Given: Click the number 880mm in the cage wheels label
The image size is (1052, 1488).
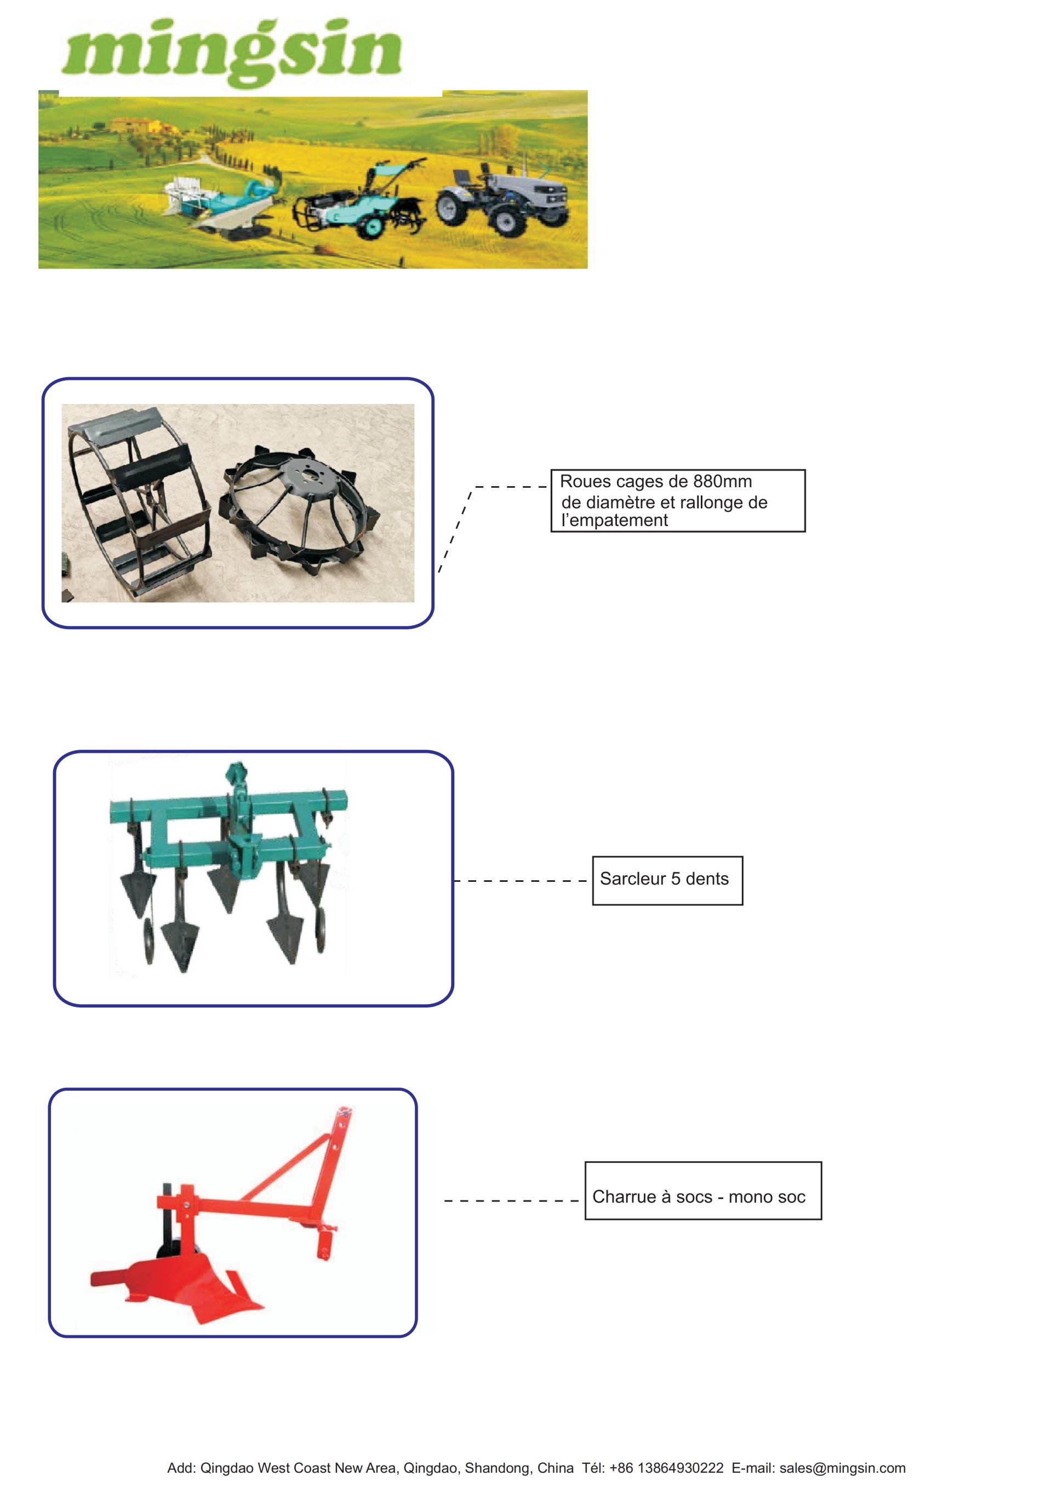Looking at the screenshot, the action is pyautogui.click(x=722, y=482).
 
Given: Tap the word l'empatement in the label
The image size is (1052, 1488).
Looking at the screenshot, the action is pyautogui.click(x=614, y=521).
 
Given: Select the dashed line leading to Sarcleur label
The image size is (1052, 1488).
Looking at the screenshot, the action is pyautogui.click(x=521, y=881).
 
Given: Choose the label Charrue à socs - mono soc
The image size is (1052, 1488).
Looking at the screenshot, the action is pyautogui.click(x=699, y=1196).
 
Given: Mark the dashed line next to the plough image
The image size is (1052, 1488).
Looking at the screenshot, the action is pyautogui.click(x=511, y=1201).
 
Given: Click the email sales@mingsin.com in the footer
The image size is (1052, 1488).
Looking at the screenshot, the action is pyautogui.click(x=842, y=1468).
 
